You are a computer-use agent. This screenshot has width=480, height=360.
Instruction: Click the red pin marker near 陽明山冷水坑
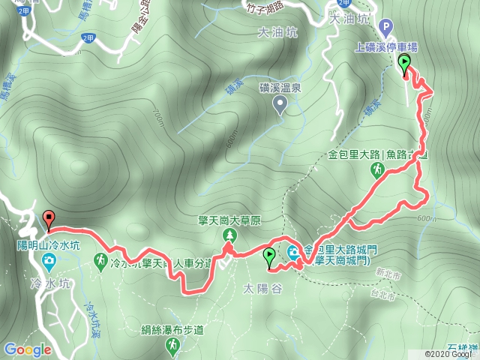[49, 220]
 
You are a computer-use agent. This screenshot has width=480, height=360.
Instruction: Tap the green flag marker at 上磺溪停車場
[406, 64]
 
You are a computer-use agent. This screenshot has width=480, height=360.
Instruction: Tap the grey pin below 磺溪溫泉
[281, 106]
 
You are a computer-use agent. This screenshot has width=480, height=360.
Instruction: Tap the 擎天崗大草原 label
[228, 220]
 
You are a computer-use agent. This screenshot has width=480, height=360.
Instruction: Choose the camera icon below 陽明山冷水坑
[49, 261]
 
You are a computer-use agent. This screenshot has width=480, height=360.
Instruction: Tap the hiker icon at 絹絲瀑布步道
[174, 344]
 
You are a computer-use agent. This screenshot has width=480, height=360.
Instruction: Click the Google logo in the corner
[27, 349]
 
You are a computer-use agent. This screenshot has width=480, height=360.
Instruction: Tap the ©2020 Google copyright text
[450, 354]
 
